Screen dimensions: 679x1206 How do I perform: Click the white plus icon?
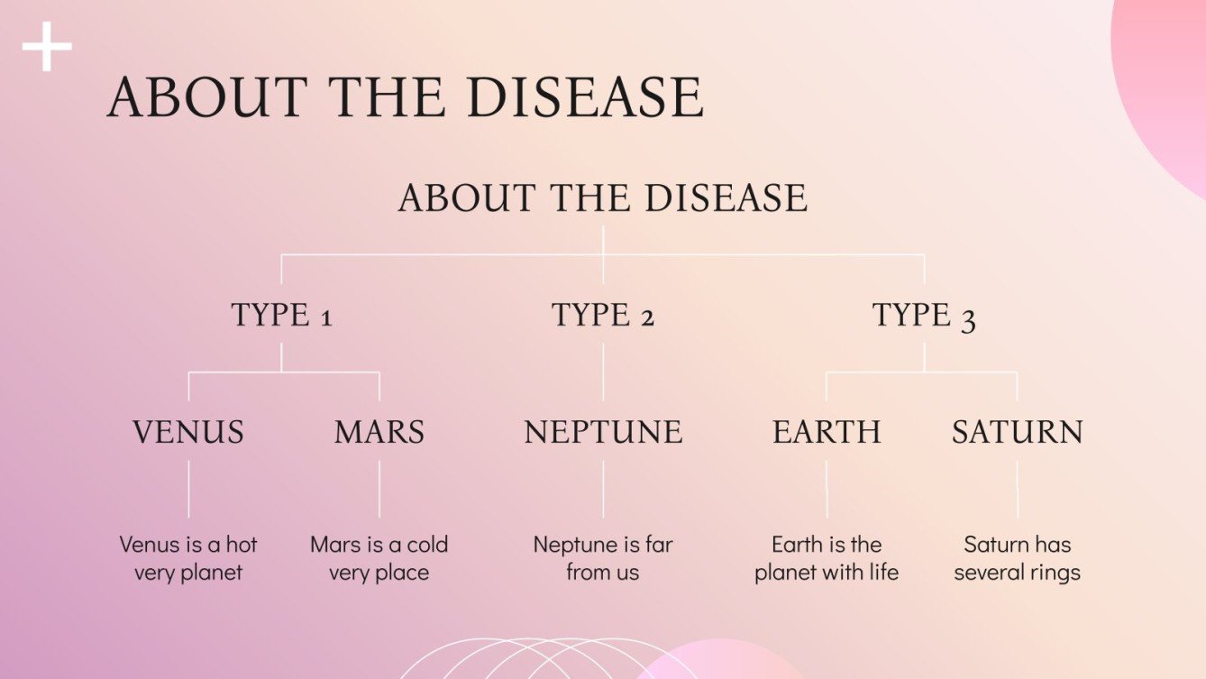coord(47,48)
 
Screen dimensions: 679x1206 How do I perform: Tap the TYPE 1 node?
coord(281,317)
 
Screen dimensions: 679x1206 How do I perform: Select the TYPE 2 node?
coord(603,317)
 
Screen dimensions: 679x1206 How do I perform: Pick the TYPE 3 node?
coord(924,317)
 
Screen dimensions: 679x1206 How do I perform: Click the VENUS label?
coord(188,432)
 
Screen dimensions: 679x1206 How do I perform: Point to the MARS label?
coord(379,432)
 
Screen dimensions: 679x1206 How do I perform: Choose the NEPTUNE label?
coord(603,432)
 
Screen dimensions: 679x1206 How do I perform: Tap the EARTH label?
coord(827,432)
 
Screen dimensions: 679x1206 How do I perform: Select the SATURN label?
coord(1018,432)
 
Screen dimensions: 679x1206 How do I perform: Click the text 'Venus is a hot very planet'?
coord(188,558)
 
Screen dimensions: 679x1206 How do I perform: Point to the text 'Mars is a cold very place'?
coord(379,558)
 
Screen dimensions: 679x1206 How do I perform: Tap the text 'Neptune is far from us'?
coord(603,558)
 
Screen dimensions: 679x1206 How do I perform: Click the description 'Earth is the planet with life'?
coord(827,558)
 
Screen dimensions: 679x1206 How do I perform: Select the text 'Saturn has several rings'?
coord(1018,558)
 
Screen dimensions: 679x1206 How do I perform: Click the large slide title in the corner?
coord(405,96)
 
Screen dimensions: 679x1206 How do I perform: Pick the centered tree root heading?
coord(603,198)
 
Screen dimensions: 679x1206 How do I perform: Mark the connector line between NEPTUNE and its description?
coord(603,489)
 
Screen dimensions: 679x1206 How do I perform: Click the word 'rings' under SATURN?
coord(1056,573)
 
